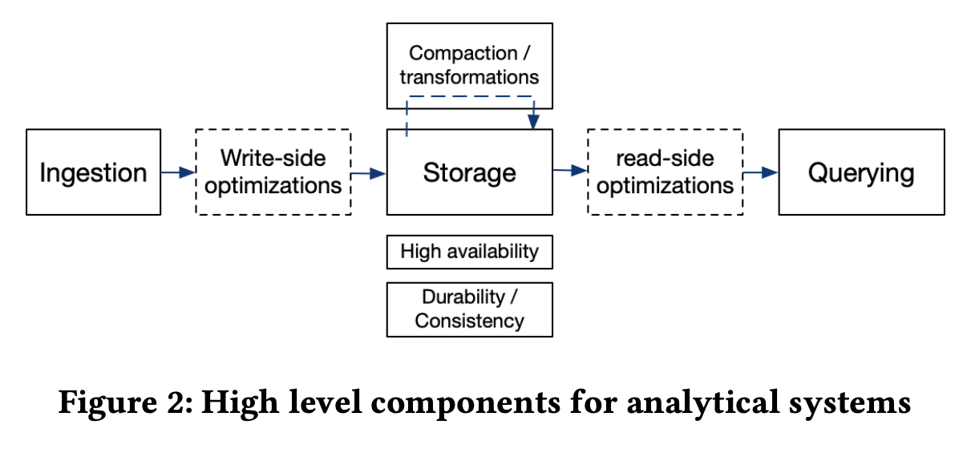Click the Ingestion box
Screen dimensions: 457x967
(x=93, y=172)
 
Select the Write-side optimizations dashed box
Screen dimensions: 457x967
(x=273, y=172)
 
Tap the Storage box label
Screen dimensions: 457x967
(x=469, y=172)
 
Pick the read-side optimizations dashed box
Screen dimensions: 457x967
(x=665, y=172)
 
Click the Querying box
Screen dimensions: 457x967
(x=861, y=172)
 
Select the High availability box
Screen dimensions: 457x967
(x=469, y=252)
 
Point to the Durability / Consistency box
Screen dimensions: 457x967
(x=469, y=309)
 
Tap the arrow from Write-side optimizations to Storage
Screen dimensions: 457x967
(x=369, y=172)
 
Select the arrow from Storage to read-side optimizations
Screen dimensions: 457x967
(x=570, y=170)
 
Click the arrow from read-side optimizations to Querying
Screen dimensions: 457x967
(x=761, y=172)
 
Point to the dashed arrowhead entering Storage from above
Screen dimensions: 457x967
(x=533, y=121)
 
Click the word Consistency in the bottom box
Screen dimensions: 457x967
(x=469, y=322)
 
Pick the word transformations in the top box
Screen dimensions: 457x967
(x=469, y=77)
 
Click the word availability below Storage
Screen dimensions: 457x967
(x=492, y=252)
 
